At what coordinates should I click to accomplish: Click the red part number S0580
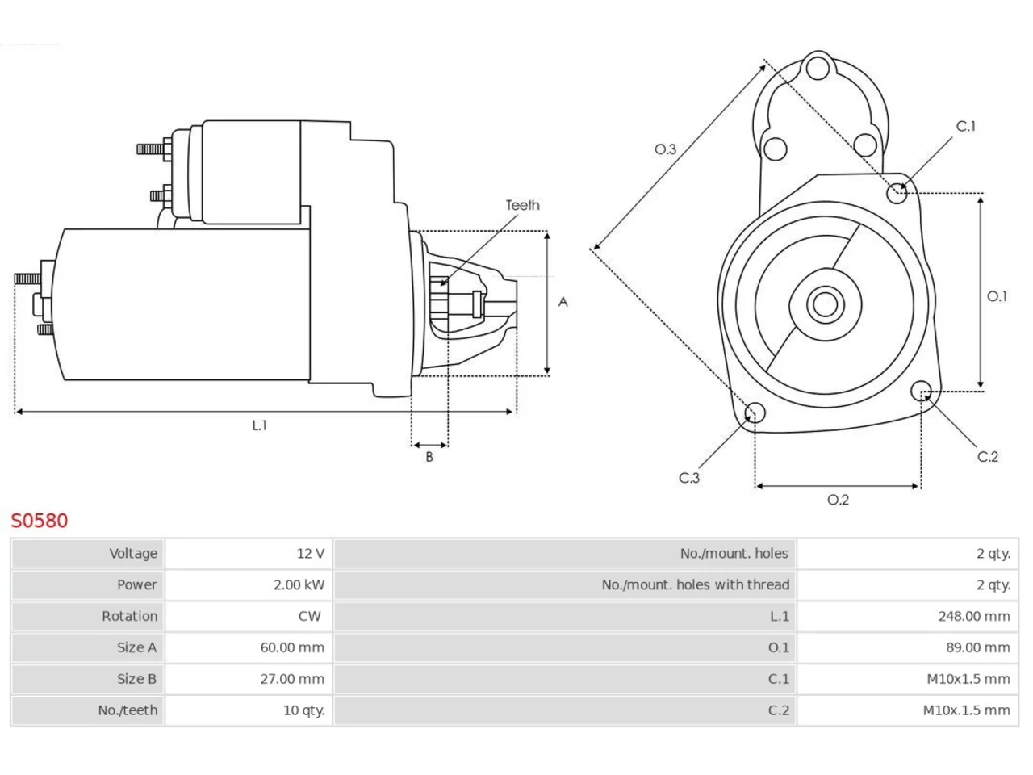(x=39, y=521)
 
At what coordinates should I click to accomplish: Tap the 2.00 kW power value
(x=299, y=585)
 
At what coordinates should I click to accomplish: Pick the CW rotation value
(x=309, y=616)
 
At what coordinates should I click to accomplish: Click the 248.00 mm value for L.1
(x=974, y=616)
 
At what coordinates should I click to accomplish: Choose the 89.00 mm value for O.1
(x=978, y=647)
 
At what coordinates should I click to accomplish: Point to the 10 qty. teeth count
(x=304, y=710)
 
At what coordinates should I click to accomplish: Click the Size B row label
(x=136, y=679)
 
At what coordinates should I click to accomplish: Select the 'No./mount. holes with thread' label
(x=695, y=585)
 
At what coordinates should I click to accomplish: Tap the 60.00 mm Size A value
(x=292, y=647)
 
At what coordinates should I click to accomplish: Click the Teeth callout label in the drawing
(x=522, y=205)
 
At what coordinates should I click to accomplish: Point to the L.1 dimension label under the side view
(x=260, y=425)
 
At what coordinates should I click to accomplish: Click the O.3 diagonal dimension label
(x=665, y=149)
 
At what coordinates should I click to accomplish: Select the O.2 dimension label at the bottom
(x=838, y=499)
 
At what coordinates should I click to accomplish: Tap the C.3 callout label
(x=689, y=478)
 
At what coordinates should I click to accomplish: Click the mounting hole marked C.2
(x=921, y=391)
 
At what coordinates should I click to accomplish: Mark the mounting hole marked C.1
(x=897, y=193)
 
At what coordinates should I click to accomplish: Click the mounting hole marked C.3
(x=755, y=413)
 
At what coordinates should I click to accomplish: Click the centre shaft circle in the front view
(x=825, y=304)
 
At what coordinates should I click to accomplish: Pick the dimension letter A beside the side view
(x=563, y=302)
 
